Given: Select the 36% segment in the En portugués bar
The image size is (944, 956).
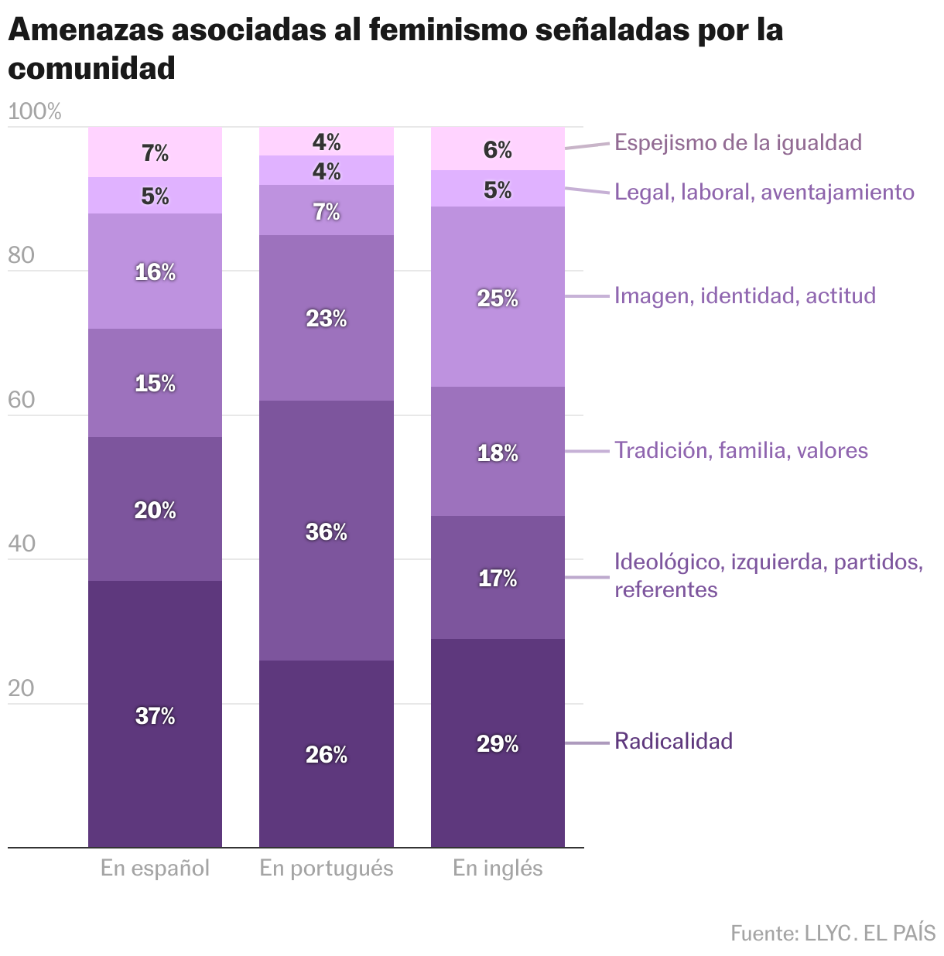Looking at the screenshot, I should point(326,557).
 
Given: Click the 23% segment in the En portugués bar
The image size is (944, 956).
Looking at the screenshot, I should point(326,340).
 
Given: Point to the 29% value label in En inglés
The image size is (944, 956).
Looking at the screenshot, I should point(498,744).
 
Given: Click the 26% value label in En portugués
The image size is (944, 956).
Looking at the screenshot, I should point(326,755).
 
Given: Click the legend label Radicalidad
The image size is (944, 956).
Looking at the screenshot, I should point(673,741).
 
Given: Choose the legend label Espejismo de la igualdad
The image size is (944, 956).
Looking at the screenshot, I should point(737,142).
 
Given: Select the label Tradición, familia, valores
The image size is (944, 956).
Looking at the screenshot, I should point(740,450).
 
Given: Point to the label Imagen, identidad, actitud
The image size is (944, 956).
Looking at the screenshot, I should point(744,295).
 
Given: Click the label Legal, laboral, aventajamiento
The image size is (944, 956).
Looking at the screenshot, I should point(764,192).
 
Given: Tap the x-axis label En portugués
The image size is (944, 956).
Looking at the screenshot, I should point(326,868).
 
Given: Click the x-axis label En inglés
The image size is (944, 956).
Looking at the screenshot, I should point(498,868).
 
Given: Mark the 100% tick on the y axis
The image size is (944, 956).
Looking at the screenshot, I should point(34,112).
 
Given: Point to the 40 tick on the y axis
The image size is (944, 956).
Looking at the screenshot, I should point(22,544).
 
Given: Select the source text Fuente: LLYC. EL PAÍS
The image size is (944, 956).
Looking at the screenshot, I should point(833,933).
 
